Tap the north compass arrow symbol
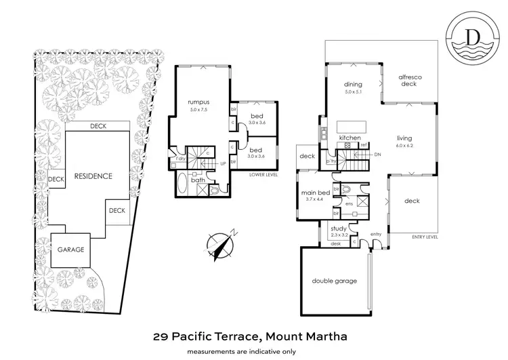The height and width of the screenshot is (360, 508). tap(221, 245)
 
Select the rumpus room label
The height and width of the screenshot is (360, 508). tap(199, 103)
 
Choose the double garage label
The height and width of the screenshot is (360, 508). tap(334, 281)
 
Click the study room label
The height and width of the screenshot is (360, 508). tap(338, 228)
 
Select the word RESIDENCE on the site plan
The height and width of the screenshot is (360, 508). tap(93, 176)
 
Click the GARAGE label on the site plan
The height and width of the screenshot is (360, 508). tap(70, 249)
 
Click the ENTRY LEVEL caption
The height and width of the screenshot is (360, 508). tap(425, 237)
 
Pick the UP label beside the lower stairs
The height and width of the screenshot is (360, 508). tap(223, 163)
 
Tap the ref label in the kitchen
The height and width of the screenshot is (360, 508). tap(364, 145)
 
